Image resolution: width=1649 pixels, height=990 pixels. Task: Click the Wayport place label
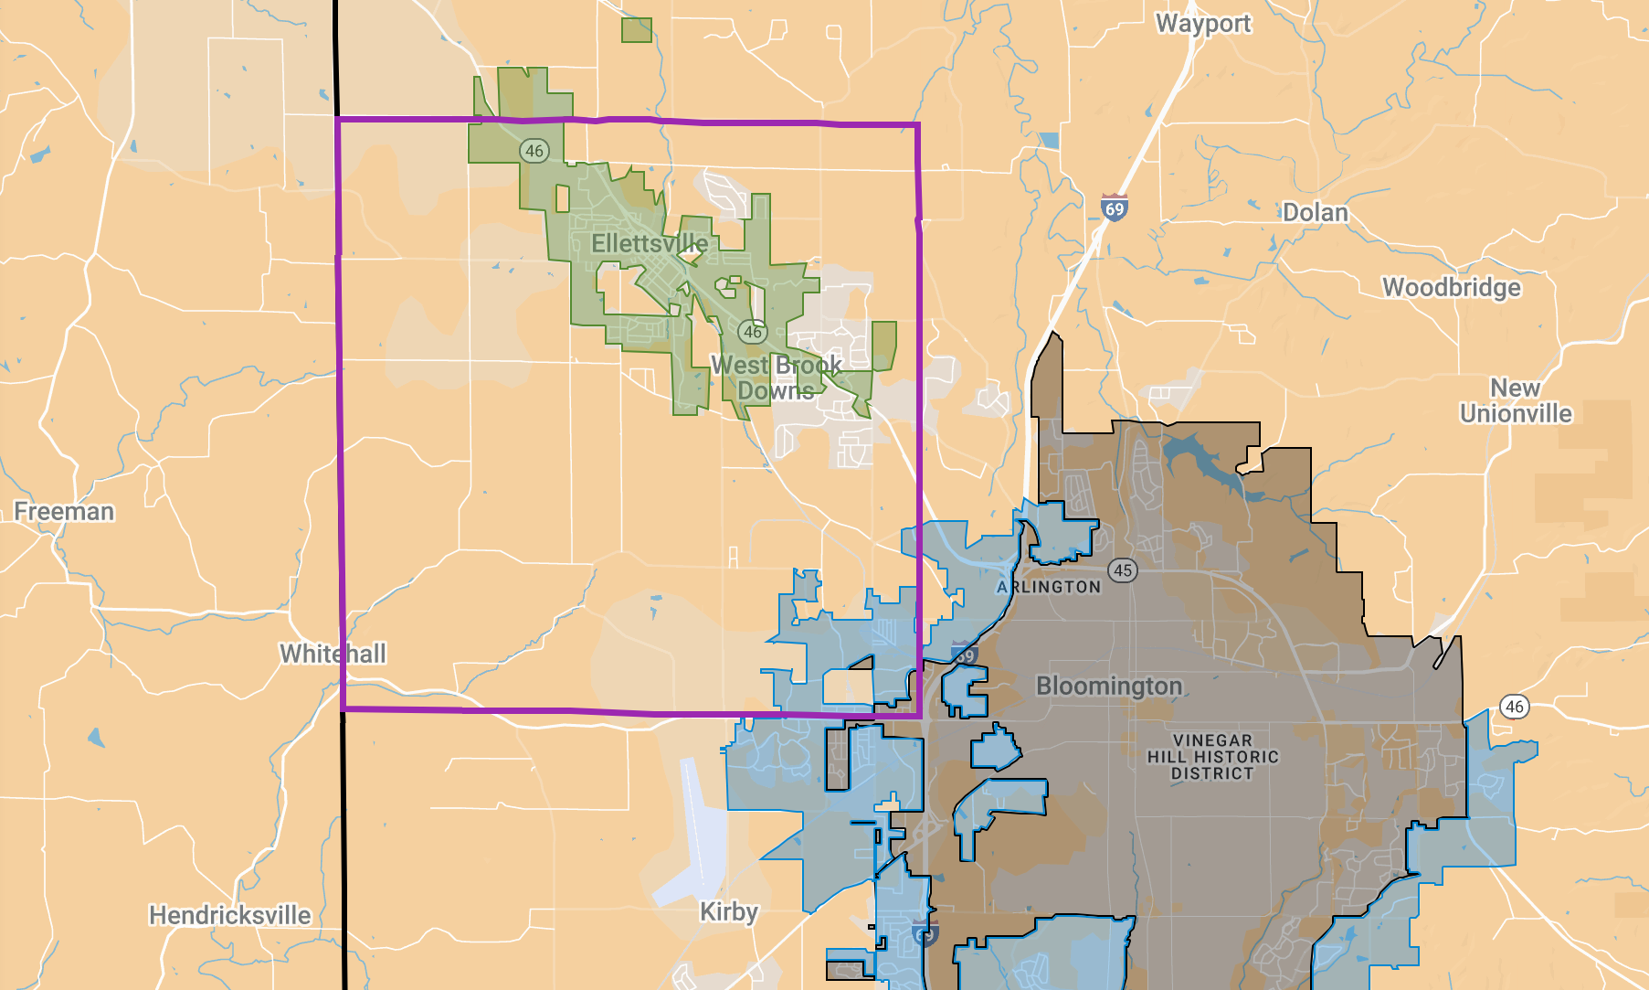[x=1203, y=24]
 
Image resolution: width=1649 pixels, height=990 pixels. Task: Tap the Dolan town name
[x=1315, y=213]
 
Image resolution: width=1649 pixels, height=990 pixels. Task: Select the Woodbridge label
[x=1452, y=288]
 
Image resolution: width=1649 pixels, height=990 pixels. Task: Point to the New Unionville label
[x=1516, y=401]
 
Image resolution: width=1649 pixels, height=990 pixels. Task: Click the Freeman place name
[x=64, y=512]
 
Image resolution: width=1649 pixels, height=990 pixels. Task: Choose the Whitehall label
[x=333, y=655]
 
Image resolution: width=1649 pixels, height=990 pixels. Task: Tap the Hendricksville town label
[x=230, y=916]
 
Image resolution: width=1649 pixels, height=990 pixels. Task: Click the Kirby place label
[x=728, y=912]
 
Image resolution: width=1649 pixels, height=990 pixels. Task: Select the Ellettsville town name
[x=650, y=244]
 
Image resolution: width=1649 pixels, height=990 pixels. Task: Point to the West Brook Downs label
[x=776, y=378]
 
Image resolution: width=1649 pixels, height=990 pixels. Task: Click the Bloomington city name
[x=1109, y=687]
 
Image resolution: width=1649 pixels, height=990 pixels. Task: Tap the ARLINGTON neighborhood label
[x=1049, y=588]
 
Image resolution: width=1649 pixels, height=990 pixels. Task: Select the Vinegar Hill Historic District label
[x=1212, y=757]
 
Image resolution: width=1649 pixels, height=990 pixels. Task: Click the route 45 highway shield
[x=1123, y=570]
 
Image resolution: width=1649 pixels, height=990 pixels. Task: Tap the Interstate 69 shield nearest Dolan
[x=1114, y=208]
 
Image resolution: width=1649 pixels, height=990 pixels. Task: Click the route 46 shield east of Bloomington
[x=1515, y=707]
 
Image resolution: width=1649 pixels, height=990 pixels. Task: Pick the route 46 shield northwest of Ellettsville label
[x=534, y=151]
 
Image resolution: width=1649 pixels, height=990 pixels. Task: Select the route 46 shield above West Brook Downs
[x=752, y=332]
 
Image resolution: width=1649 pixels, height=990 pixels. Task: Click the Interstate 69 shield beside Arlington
[x=965, y=655]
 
